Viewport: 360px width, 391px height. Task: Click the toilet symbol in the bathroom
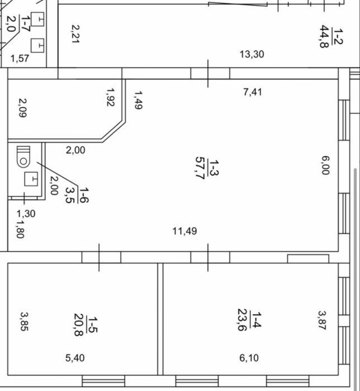point(23,157)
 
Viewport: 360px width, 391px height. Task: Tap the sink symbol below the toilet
point(31,179)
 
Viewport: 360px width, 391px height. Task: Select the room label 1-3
point(214,168)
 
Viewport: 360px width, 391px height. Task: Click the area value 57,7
point(200,168)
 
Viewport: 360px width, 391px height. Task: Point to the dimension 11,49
point(184,231)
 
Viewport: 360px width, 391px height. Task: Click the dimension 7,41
point(253,92)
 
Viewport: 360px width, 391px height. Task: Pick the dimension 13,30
point(252,54)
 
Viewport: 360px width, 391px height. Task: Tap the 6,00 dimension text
point(325,165)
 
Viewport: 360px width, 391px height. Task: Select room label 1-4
point(257,320)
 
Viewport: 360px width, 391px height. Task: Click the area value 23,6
point(242,320)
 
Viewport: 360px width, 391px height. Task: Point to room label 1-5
point(93,325)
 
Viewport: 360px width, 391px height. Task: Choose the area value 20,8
point(78,325)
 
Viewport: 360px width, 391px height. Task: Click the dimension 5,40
point(75,358)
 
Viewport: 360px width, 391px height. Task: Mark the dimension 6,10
point(249,358)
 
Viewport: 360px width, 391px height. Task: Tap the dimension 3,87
point(322,320)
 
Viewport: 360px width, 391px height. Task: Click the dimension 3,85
point(24,321)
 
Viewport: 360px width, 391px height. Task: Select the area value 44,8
point(324,36)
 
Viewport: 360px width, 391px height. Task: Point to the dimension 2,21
point(75,34)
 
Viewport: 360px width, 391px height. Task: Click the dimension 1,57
point(20,58)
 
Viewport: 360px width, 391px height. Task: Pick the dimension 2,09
point(23,108)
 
